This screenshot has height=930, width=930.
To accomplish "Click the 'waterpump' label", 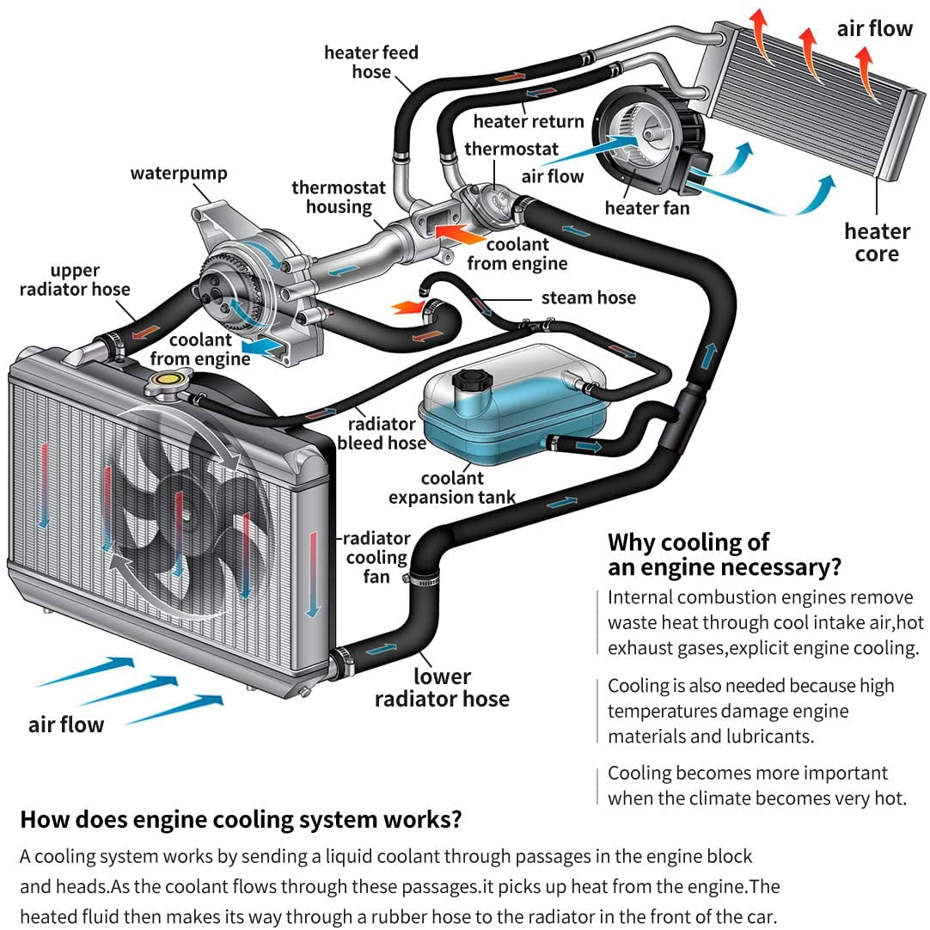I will pyautogui.click(x=179, y=174).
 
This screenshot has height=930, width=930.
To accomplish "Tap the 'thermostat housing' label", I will pyautogui.click(x=339, y=197).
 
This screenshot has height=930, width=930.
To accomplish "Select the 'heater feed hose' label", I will pyautogui.click(x=371, y=62).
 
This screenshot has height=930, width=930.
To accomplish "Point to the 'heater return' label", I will pyautogui.click(x=528, y=122).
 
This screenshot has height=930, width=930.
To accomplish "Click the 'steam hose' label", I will pyautogui.click(x=588, y=298).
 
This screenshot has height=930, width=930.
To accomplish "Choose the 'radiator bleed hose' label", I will pyautogui.click(x=382, y=433).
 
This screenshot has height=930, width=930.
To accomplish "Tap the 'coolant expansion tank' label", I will pyautogui.click(x=452, y=487).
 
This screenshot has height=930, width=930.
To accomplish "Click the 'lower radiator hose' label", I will pyautogui.click(x=442, y=688).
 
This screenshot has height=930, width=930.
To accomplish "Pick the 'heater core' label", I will pyautogui.click(x=877, y=242).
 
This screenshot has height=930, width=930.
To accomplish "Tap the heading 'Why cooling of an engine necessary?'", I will pyautogui.click(x=724, y=554).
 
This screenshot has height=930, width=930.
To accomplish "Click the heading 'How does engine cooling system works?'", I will pyautogui.click(x=241, y=819).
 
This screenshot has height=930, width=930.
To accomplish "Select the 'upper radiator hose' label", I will pyautogui.click(x=75, y=280).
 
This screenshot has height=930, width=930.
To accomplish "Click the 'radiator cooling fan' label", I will pyautogui.click(x=376, y=557).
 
